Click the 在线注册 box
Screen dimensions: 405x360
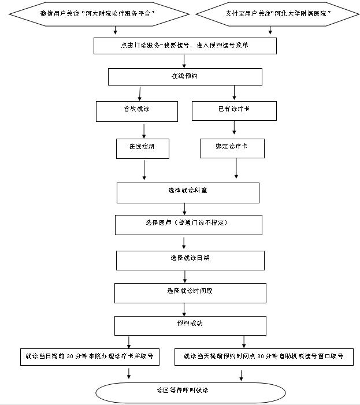(142, 148)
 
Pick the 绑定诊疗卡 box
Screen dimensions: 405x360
(232, 148)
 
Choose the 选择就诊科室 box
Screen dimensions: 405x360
(187, 192)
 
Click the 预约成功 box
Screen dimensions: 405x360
(190, 325)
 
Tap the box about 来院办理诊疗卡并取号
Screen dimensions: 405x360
(89, 356)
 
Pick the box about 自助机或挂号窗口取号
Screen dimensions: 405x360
(263, 356)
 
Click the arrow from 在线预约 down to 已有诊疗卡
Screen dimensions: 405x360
(234, 92)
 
